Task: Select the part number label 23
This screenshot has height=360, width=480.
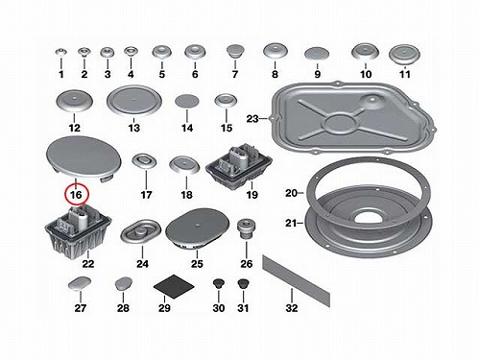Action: pos(252,119)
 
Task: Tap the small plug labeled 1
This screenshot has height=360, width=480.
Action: pos(61,52)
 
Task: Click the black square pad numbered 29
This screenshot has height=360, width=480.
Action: pos(174,286)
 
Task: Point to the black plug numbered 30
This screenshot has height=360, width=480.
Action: pos(218,283)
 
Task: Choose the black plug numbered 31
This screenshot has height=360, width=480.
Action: pos(244,283)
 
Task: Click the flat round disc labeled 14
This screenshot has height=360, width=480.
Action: pos(187,101)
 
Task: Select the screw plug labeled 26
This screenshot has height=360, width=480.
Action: pos(247,228)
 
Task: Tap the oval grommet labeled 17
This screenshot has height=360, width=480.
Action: pos(144,160)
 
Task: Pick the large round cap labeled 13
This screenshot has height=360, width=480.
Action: pos(134,101)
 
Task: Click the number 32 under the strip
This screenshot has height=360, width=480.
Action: pos(292,308)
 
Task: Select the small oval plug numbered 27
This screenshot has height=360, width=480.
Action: pos(80,283)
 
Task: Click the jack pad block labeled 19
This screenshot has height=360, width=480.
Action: pos(239,168)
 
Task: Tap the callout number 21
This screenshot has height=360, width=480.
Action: pos(290,223)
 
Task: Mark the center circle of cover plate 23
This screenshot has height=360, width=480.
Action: pos(339,124)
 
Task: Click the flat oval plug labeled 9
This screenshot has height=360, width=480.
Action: pos(317,54)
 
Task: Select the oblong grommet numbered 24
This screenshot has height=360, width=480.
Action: pos(141,231)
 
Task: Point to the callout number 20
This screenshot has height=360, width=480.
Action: pos(291,193)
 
